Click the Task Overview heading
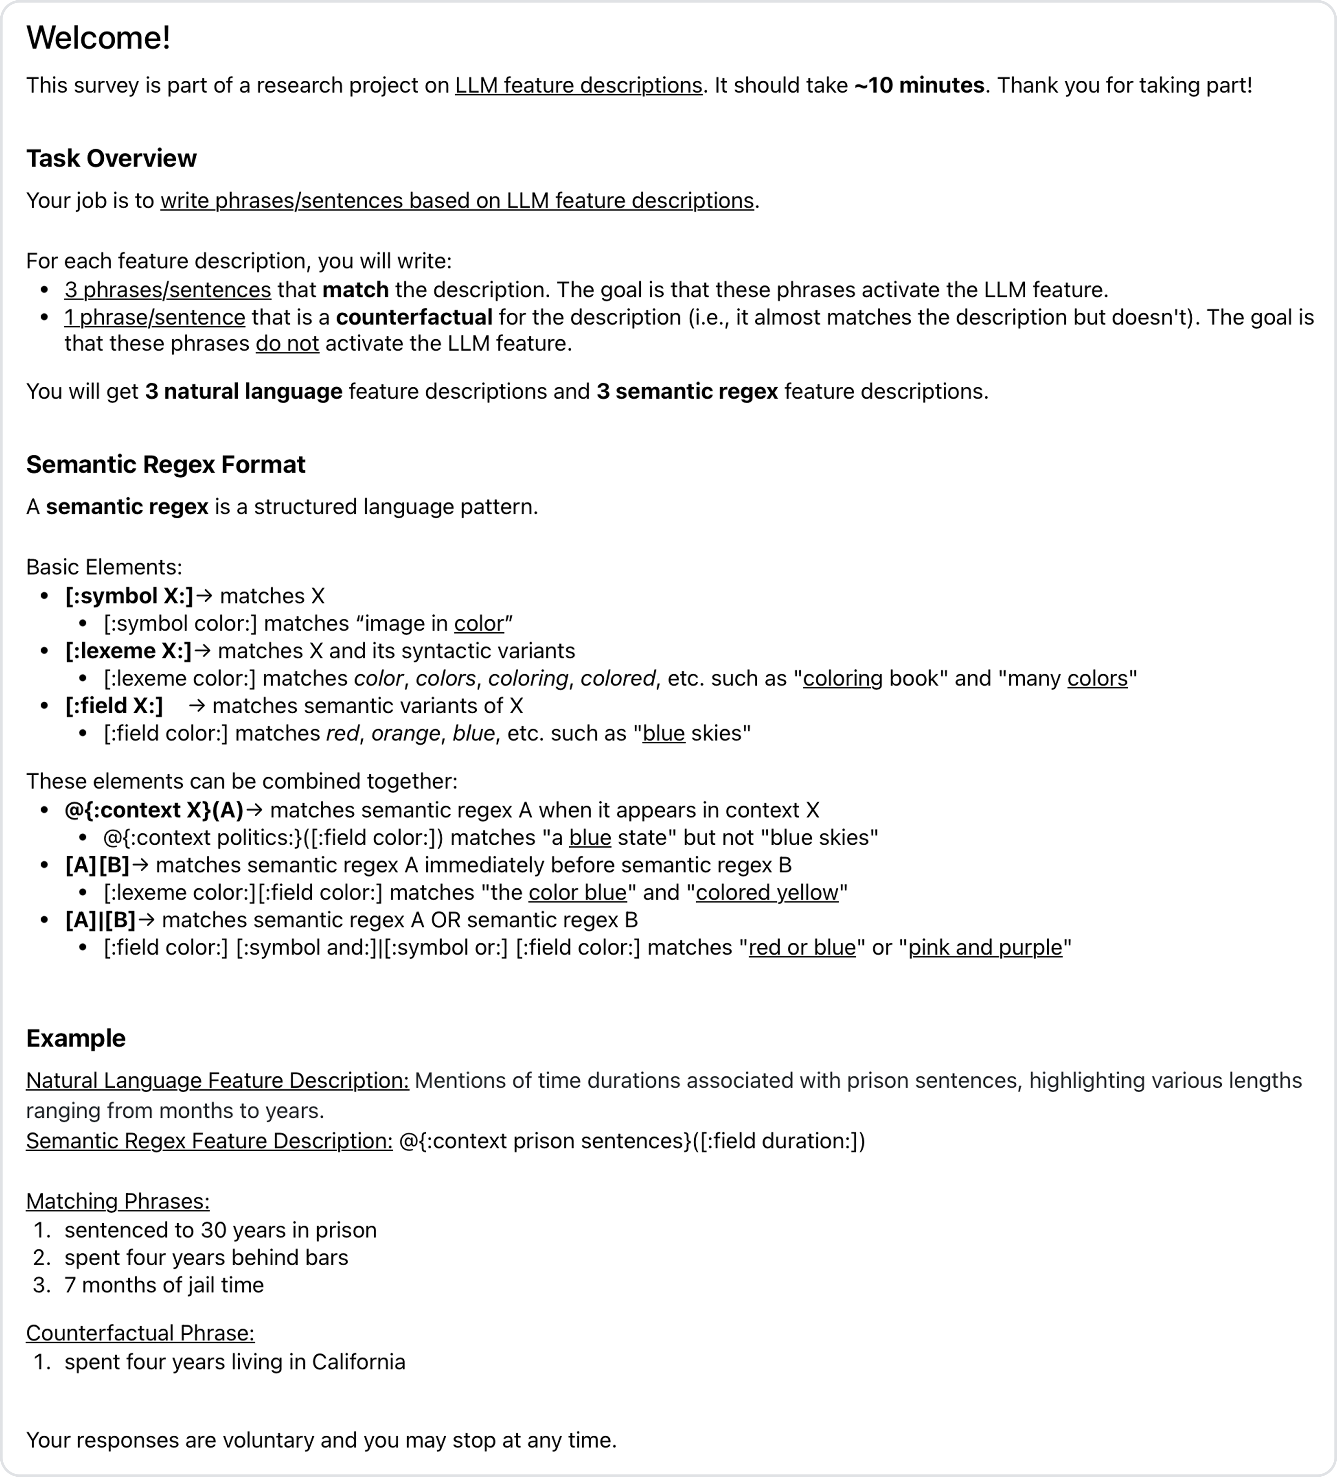[111, 158]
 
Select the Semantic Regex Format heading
[166, 464]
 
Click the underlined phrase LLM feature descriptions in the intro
[578, 86]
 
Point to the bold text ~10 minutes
[919, 86]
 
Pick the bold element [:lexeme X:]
[128, 651]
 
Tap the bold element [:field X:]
[114, 706]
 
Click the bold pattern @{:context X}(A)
[154, 810]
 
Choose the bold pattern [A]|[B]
[100, 920]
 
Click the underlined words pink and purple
[985, 948]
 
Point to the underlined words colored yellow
[767, 893]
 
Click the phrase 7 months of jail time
[164, 1285]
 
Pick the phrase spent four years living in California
[234, 1362]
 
